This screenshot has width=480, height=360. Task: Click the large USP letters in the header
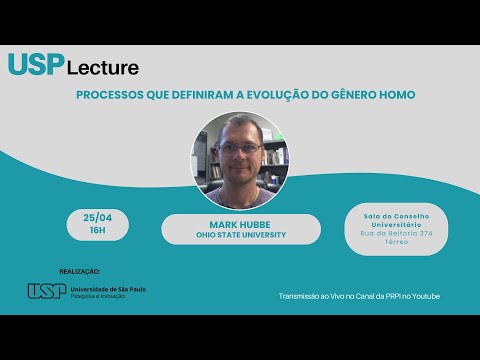click(36, 64)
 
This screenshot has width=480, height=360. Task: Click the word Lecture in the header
click(103, 68)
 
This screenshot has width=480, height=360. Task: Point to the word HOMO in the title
click(396, 95)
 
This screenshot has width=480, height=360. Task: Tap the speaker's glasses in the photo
click(240, 147)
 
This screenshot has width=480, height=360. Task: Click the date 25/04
click(97, 218)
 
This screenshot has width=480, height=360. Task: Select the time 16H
click(97, 229)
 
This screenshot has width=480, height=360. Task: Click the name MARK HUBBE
click(240, 224)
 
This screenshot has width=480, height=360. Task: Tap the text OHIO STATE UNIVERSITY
click(240, 236)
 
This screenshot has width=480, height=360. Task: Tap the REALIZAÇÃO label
click(80, 270)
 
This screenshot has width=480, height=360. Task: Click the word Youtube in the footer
click(424, 296)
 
